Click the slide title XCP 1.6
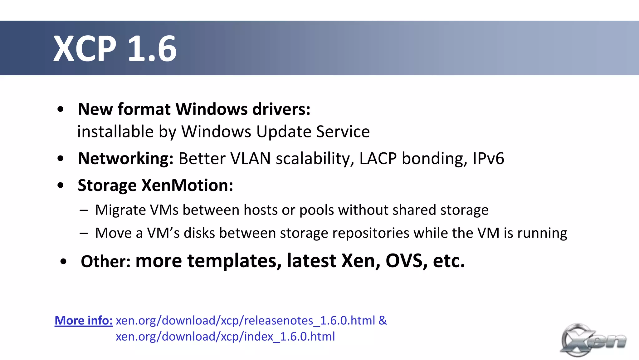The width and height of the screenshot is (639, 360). pos(115,48)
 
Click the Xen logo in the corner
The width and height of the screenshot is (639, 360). pos(593,340)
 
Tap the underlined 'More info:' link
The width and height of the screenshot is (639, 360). pos(84,321)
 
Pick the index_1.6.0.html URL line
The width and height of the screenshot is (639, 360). pos(225,337)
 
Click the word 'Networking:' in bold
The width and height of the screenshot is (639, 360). pos(126,158)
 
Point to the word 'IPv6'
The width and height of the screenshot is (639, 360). pos(488,158)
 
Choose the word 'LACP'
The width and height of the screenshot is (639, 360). pos(378,158)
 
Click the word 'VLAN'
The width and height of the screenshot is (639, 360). pos(251,158)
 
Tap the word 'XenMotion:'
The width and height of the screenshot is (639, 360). pos(187,185)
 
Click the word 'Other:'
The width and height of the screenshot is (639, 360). pos(105,261)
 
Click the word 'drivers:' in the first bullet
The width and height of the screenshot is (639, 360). pos(281,109)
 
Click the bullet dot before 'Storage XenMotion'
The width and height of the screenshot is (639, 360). pos(61,185)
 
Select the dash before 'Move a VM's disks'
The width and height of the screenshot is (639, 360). pos(83,233)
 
